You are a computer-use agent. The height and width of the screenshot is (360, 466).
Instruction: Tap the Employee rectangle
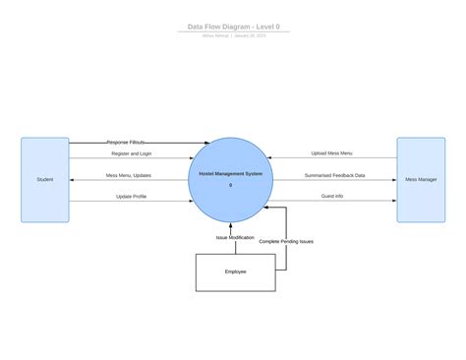pyautogui.click(x=235, y=271)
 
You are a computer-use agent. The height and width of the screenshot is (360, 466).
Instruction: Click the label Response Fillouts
pyautogui.click(x=126, y=142)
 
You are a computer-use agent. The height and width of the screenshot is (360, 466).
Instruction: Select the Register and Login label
pyautogui.click(x=132, y=153)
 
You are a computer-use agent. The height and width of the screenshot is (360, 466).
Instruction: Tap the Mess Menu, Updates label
pyautogui.click(x=129, y=175)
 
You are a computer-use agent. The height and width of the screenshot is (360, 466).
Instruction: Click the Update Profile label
pyautogui.click(x=131, y=196)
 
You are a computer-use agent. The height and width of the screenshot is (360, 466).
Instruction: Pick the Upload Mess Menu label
pyautogui.click(x=332, y=153)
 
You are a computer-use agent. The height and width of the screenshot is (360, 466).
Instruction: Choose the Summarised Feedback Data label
pyautogui.click(x=334, y=175)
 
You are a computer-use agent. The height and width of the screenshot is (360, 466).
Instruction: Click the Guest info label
pyautogui.click(x=332, y=196)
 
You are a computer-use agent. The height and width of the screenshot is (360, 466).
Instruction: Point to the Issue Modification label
pyautogui.click(x=235, y=237)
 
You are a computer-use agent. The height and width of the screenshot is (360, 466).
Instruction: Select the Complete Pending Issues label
pyautogui.click(x=286, y=241)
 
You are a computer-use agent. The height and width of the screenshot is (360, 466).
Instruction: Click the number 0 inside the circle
pyautogui.click(x=231, y=185)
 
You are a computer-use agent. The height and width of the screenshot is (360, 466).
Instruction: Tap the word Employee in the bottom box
pyautogui.click(x=235, y=271)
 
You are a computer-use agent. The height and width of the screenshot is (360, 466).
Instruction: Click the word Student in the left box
pyautogui.click(x=45, y=179)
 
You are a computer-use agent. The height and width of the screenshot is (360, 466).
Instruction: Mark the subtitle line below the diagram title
pyautogui.click(x=233, y=35)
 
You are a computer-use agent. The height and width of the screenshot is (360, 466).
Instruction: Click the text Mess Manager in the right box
pyautogui.click(x=421, y=179)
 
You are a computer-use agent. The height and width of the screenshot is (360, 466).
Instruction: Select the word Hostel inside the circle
pyautogui.click(x=207, y=174)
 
